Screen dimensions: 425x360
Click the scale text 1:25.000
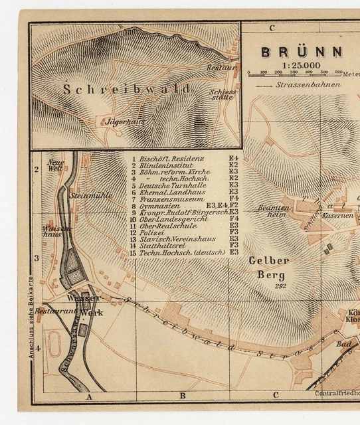pyautogui.click(x=301, y=65)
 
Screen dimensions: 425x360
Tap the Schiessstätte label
pyautogui.click(x=221, y=94)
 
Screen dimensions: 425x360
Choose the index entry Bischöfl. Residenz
pyautogui.click(x=171, y=159)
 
